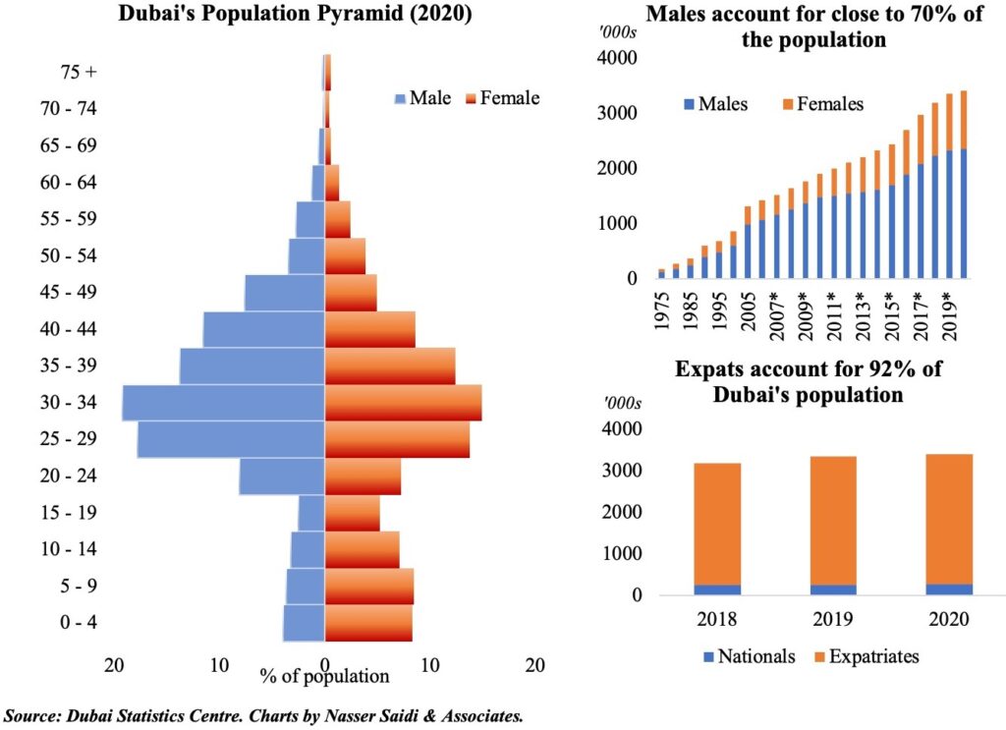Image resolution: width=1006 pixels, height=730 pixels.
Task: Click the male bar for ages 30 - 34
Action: pos(223,403)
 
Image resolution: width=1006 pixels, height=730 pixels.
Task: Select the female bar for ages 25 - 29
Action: pos(397,439)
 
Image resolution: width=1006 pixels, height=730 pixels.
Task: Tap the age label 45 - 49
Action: pos(69,293)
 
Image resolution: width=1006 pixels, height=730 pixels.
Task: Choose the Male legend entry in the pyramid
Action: pos(422,98)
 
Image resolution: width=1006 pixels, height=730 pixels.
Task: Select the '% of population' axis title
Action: pos(325,676)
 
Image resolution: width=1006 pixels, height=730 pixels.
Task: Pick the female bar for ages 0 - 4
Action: pos(368,623)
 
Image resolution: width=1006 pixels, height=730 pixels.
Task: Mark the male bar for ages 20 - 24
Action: pos(282,477)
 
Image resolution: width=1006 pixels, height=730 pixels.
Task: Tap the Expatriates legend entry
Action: pos(865,656)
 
